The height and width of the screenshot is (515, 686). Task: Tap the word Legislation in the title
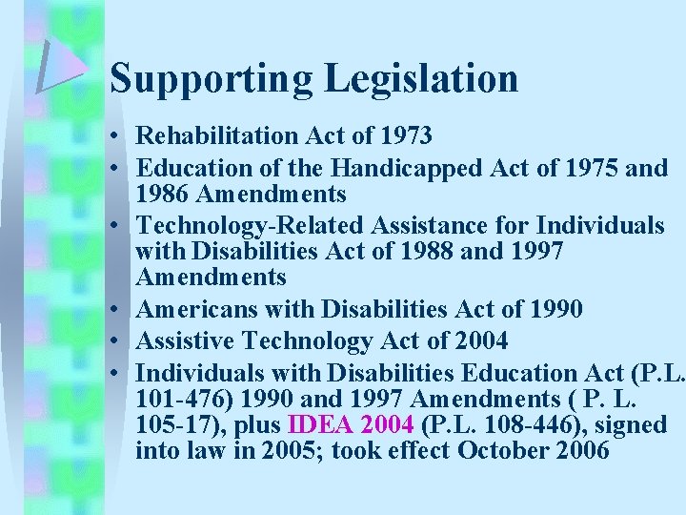(x=422, y=78)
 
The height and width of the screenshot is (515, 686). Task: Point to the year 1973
(x=405, y=136)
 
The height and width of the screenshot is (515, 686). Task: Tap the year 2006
(x=578, y=449)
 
